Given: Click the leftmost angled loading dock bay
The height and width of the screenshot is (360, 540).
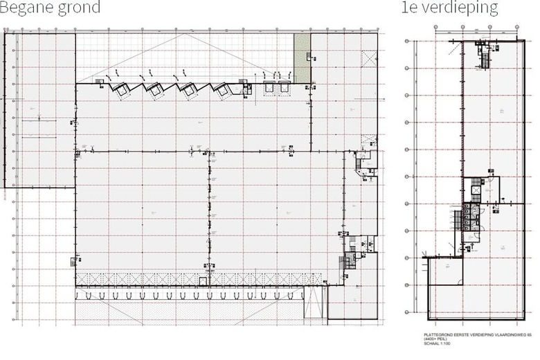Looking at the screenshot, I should (121, 89).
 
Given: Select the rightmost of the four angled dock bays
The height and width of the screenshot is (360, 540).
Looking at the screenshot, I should (221, 89).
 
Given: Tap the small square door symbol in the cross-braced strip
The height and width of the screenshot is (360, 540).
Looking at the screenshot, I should (202, 280).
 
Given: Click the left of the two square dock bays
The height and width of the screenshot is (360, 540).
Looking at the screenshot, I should (267, 87).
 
